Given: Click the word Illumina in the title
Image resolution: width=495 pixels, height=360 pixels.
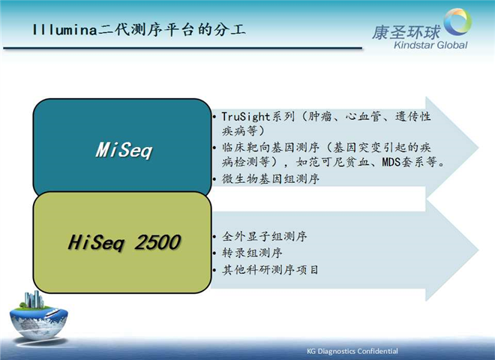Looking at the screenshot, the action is [64, 30].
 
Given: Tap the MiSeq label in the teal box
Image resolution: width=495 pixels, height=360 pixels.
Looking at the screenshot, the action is [124, 150].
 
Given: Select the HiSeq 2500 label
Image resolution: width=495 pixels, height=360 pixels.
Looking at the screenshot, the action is [124, 242].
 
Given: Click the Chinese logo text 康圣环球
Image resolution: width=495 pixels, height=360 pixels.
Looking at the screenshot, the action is [406, 32].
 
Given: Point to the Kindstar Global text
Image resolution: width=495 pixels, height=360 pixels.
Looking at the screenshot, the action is [430, 45].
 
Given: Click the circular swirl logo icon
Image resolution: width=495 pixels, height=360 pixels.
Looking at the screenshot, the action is [457, 21].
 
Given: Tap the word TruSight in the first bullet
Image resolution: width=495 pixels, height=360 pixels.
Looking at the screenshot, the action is [245, 116].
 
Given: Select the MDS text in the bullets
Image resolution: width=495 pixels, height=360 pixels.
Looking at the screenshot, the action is [391, 162].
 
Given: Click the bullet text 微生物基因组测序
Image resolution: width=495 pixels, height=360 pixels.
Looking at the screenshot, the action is [270, 178].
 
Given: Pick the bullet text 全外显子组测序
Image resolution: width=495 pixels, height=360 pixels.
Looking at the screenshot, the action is [264, 236].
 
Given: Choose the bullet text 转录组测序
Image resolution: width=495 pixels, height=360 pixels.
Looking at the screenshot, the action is [252, 253].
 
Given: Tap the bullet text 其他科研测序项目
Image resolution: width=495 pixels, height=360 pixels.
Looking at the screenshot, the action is [270, 270].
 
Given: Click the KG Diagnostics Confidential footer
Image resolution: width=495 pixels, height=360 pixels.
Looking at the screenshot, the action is [352, 351].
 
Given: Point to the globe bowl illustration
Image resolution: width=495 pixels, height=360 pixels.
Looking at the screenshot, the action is [38, 322].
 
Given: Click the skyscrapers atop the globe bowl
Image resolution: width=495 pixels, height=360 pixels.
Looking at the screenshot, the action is [34, 299].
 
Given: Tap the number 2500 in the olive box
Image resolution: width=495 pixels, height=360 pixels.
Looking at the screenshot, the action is [157, 242].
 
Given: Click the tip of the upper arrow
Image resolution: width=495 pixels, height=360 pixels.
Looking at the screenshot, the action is [478, 148].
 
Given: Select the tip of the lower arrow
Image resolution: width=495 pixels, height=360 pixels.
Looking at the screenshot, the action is [478, 250].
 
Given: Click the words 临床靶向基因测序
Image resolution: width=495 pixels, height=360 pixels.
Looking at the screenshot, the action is [270, 148].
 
